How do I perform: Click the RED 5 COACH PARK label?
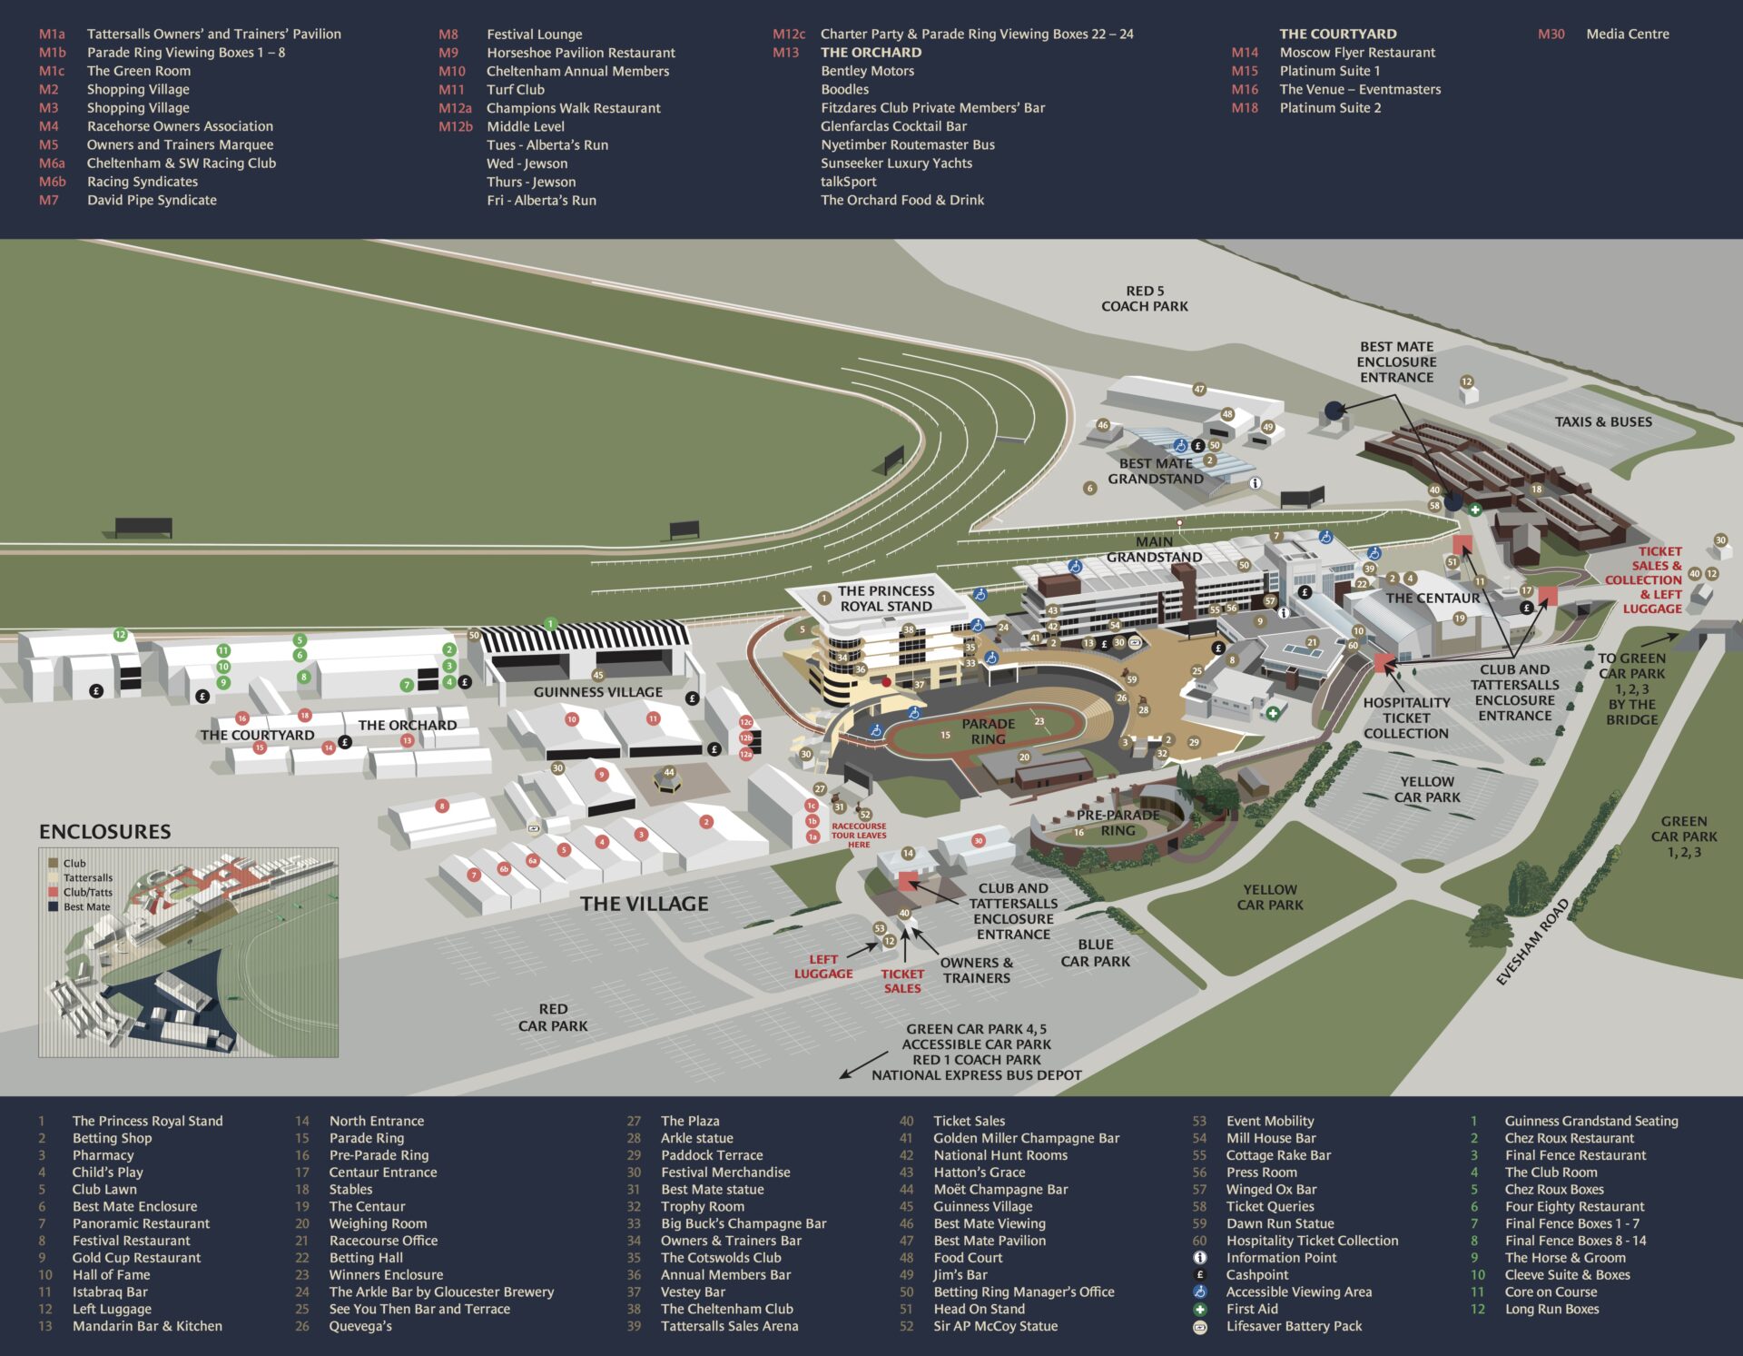click(1144, 299)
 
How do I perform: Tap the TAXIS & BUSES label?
click(1603, 421)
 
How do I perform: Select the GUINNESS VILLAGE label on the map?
click(597, 692)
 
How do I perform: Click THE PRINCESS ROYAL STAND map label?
click(885, 599)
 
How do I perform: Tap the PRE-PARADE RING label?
click(1118, 823)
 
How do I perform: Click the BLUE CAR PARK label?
click(1095, 953)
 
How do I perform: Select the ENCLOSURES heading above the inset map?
click(104, 831)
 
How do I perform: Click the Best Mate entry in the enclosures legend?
click(86, 906)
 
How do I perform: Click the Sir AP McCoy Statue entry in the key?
click(995, 1326)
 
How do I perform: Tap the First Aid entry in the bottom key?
click(1251, 1309)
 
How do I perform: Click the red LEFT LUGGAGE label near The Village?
click(822, 966)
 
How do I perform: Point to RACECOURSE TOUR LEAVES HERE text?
click(858, 835)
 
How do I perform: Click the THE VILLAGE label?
click(644, 904)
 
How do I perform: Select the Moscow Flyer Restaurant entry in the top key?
click(1356, 53)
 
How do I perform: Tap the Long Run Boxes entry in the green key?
click(1551, 1309)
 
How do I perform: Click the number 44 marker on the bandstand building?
click(669, 773)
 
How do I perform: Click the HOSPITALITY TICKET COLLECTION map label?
click(1405, 718)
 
